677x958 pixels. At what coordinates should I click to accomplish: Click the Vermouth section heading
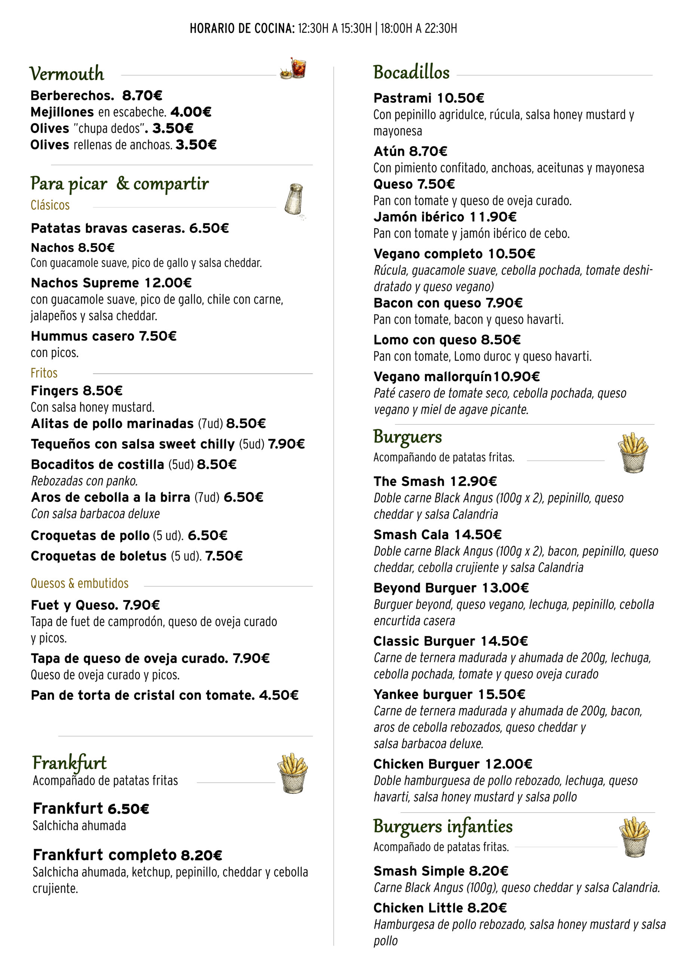[x=67, y=74]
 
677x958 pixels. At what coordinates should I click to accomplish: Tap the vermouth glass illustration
[x=293, y=68]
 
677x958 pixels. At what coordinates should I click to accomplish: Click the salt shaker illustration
[x=294, y=199]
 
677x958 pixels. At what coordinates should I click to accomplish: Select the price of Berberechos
[x=142, y=95]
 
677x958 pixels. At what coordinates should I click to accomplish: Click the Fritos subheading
[x=44, y=373]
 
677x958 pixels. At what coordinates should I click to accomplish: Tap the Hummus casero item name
[x=83, y=336]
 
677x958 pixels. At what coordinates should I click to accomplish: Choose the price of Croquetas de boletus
[x=224, y=556]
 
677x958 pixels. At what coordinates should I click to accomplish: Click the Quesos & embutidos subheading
[x=80, y=583]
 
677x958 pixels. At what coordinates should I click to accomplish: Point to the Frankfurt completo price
[x=201, y=855]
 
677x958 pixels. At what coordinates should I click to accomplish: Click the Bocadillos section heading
[x=411, y=73]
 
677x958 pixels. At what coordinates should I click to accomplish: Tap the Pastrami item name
[x=402, y=98]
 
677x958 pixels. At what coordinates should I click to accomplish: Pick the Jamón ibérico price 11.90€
[x=493, y=217]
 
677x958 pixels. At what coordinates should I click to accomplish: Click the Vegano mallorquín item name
[x=432, y=377]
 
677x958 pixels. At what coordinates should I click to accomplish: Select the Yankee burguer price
[x=501, y=694]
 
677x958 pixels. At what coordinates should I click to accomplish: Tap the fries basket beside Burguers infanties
[x=634, y=837]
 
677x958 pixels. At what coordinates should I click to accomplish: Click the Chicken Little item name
[x=418, y=907]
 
